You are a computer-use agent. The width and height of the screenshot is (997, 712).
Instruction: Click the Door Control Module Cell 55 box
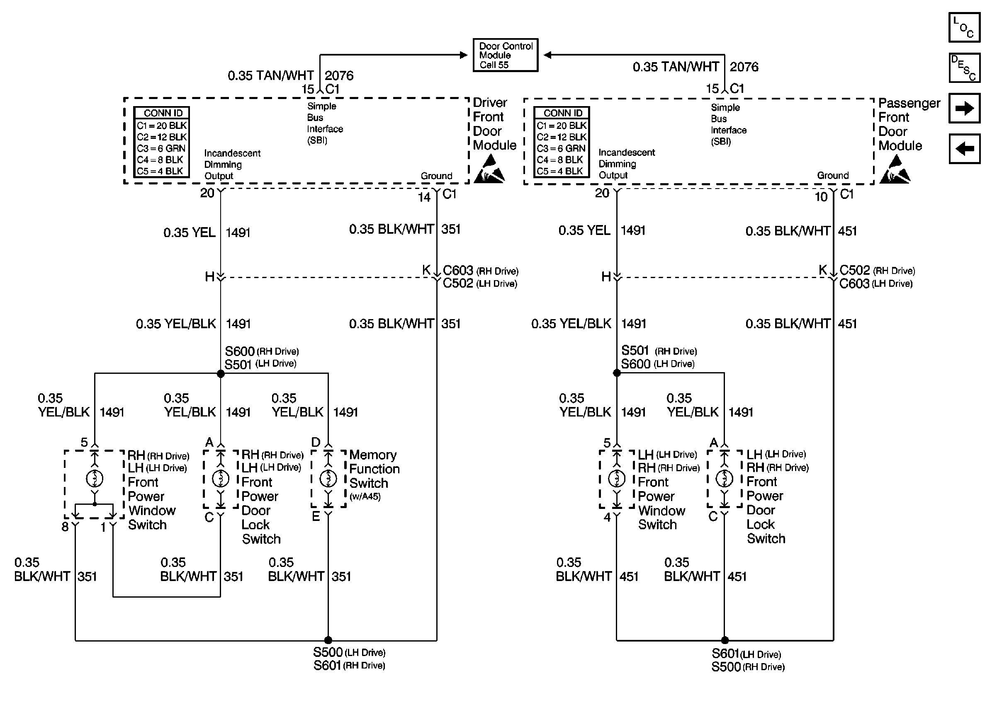(x=505, y=55)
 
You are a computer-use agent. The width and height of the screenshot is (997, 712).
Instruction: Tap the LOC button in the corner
(x=964, y=28)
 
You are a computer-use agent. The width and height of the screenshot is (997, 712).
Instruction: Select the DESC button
(x=964, y=68)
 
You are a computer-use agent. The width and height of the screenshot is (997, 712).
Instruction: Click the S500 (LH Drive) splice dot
(x=328, y=640)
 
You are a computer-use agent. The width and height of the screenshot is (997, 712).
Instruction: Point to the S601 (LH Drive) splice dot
(x=725, y=640)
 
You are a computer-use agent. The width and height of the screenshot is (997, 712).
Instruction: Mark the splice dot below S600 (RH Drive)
(x=221, y=373)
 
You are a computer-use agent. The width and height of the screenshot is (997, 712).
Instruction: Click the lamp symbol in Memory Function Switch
(x=328, y=478)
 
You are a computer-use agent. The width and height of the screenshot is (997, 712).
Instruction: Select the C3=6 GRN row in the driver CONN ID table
(x=161, y=148)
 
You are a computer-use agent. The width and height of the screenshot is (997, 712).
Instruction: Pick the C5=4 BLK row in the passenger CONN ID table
(x=562, y=171)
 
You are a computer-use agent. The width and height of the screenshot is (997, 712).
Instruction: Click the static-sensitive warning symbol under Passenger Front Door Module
(x=895, y=170)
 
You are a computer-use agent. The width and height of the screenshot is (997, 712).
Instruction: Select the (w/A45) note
(x=365, y=497)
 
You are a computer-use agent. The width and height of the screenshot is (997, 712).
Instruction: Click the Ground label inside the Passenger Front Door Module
(x=832, y=175)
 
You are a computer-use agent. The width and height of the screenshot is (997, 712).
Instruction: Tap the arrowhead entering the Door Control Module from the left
(x=464, y=55)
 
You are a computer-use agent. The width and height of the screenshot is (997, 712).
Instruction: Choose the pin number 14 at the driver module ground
(x=424, y=197)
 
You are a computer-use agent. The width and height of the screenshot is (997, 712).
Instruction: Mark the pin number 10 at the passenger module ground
(x=821, y=197)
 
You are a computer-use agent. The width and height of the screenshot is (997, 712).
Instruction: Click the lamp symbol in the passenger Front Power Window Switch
(x=617, y=478)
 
